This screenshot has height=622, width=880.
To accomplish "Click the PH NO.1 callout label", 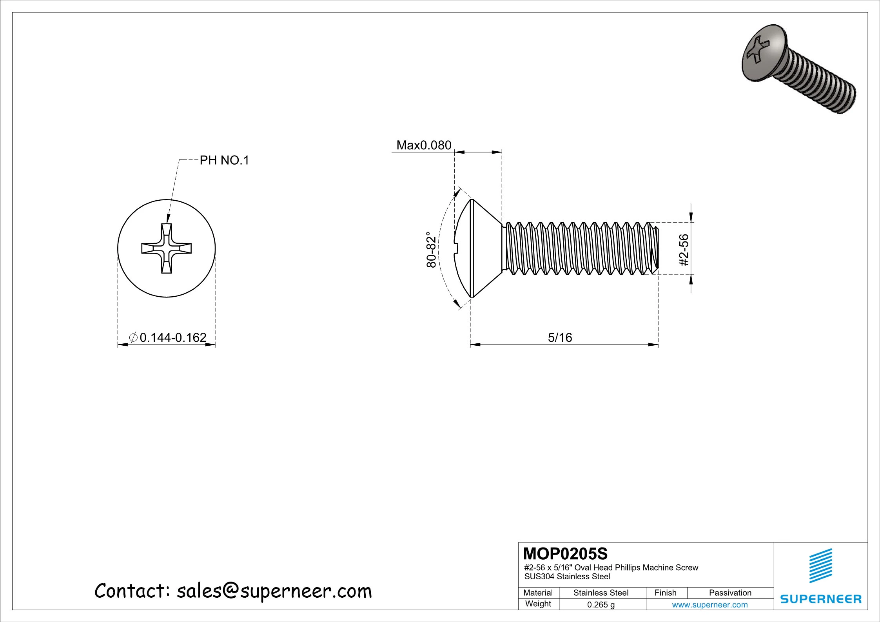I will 224,160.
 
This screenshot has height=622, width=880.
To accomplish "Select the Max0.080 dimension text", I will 424,145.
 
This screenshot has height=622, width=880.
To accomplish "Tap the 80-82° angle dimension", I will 431,249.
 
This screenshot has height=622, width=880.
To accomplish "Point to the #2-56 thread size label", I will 684,250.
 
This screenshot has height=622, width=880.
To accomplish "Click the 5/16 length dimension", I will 560,337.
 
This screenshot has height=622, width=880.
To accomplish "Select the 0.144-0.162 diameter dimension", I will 172,337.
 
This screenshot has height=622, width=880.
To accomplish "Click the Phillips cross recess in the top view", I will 167,248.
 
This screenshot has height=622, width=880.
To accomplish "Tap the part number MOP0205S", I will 565,554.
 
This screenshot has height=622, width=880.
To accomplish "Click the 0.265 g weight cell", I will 601,604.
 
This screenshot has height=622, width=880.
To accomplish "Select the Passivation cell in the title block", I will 730,593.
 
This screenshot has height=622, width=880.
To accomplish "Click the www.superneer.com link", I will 709,604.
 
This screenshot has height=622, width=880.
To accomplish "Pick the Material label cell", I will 538,593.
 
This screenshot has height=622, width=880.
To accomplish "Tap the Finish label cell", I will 665,593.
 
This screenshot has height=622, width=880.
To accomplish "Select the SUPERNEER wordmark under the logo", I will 820,599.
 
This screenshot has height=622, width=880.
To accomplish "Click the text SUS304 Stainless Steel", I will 567,577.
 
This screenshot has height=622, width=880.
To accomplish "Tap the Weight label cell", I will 538,604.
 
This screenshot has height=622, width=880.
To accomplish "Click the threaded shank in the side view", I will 576,248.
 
